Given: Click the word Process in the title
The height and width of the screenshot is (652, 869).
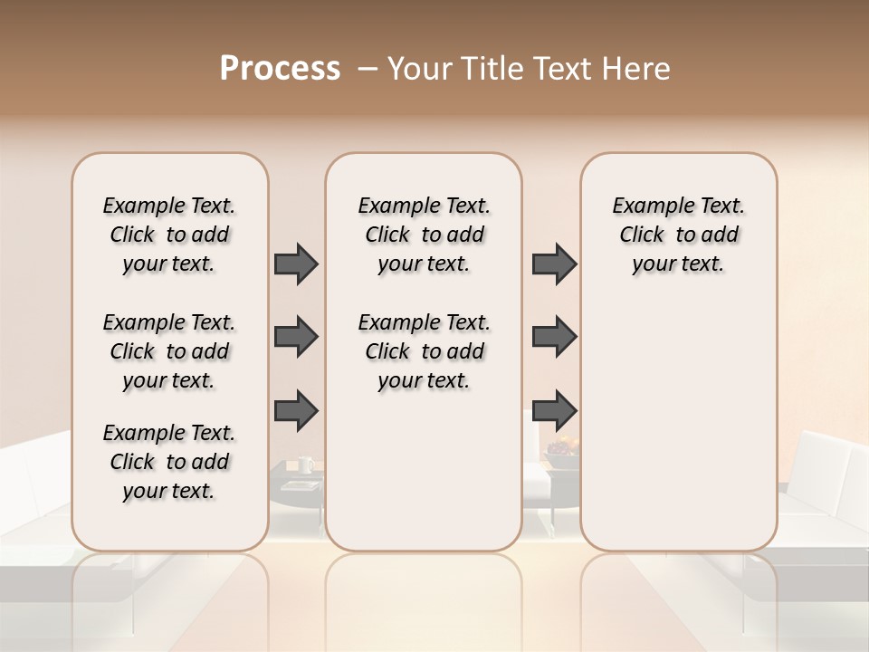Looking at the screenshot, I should pyautogui.click(x=280, y=69).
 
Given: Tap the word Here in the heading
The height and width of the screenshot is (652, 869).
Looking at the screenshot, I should pyautogui.click(x=637, y=69).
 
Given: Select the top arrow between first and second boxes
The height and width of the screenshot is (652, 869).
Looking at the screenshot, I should pyautogui.click(x=296, y=264).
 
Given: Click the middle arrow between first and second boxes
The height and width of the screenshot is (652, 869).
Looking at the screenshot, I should pyautogui.click(x=296, y=337).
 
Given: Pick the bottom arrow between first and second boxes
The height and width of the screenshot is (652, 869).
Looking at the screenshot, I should pyautogui.click(x=296, y=409).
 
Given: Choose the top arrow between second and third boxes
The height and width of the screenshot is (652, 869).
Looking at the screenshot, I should pyautogui.click(x=554, y=264).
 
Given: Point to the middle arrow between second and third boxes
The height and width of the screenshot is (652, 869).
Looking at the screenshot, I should pyautogui.click(x=554, y=337).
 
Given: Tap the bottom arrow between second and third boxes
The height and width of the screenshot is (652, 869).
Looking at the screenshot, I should pyautogui.click(x=554, y=409).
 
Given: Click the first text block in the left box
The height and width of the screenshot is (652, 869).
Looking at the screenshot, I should pyautogui.click(x=169, y=235).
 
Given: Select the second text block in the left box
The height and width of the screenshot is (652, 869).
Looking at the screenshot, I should pyautogui.click(x=169, y=351).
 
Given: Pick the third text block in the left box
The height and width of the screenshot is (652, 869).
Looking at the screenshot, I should pyautogui.click(x=169, y=462).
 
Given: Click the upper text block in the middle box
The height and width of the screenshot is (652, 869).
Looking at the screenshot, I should pyautogui.click(x=424, y=235).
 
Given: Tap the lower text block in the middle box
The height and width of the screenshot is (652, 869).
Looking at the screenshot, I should pyautogui.click(x=424, y=351).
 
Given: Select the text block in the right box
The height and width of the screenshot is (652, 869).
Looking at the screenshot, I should pyautogui.click(x=678, y=235).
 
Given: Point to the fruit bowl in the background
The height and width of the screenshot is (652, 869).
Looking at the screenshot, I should pyautogui.click(x=561, y=447).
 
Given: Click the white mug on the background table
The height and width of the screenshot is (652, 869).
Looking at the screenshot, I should pyautogui.click(x=305, y=465).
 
